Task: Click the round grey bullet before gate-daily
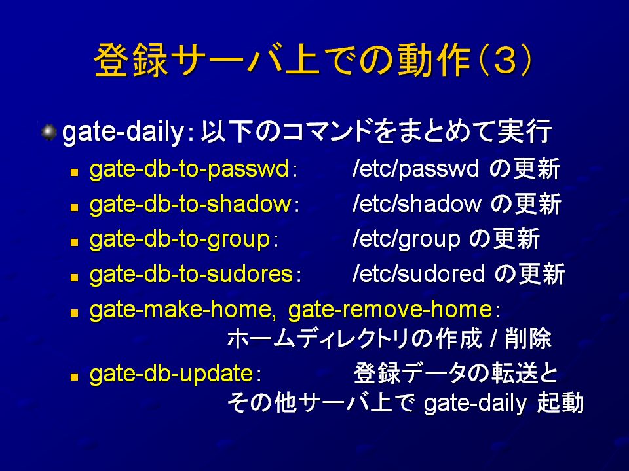coord(49,132)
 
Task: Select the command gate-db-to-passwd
coord(189,169)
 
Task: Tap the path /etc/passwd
coord(415,169)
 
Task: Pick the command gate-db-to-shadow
coord(191,204)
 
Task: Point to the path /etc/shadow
coord(417,204)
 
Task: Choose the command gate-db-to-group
coord(180,240)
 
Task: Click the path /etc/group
coord(406,239)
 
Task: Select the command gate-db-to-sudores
coord(191,274)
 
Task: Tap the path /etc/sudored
coord(419,274)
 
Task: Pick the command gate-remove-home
coord(391,310)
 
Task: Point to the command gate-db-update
coord(171,374)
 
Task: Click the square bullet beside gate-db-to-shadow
coord(74,207)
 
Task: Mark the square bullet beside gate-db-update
coord(74,377)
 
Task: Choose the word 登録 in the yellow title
coord(131,60)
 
